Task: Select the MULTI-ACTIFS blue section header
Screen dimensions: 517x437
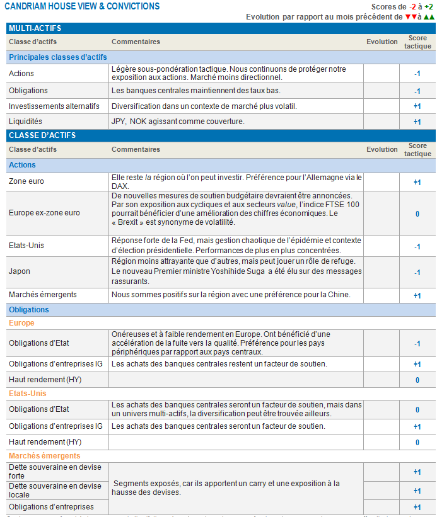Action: pos(31,28)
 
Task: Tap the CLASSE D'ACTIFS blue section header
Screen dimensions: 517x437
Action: pos(42,135)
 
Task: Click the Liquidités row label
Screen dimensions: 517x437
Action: pos(25,122)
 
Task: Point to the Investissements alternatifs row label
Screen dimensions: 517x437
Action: pos(54,106)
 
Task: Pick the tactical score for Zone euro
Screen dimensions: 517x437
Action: pos(417,183)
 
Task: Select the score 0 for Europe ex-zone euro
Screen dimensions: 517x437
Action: pos(417,213)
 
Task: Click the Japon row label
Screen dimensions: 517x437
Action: pos(20,271)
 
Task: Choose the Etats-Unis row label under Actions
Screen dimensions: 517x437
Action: pos(26,245)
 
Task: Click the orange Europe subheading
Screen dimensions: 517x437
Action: pos(21,323)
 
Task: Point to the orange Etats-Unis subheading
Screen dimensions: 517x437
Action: pos(27,394)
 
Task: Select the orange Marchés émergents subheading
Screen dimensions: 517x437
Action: pos(44,455)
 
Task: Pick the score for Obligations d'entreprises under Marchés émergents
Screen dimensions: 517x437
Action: pos(417,508)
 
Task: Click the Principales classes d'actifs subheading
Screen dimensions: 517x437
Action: pos(58,58)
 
